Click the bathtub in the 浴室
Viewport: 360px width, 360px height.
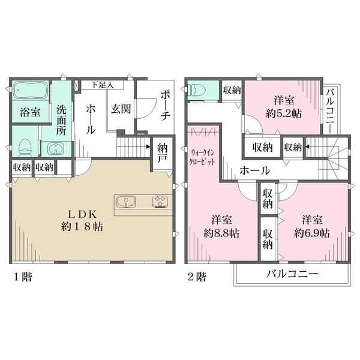pos(31,91)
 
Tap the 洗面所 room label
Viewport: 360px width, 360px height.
pos(61,120)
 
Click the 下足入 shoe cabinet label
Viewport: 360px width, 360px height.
pos(102,85)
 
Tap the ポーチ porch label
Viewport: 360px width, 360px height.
pos(166,106)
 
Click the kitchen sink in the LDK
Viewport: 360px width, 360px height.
pos(126,202)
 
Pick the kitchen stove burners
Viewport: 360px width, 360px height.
pos(160,202)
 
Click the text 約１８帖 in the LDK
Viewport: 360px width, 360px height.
pos(82,227)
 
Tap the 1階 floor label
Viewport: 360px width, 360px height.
pos(23,277)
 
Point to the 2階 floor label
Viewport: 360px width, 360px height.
pos(197,277)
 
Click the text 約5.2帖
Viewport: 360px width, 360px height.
pos(284,113)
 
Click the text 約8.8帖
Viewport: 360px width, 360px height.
pos(221,233)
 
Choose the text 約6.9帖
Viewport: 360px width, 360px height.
pos(312,233)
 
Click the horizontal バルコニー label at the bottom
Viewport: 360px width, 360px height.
pos(292,274)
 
